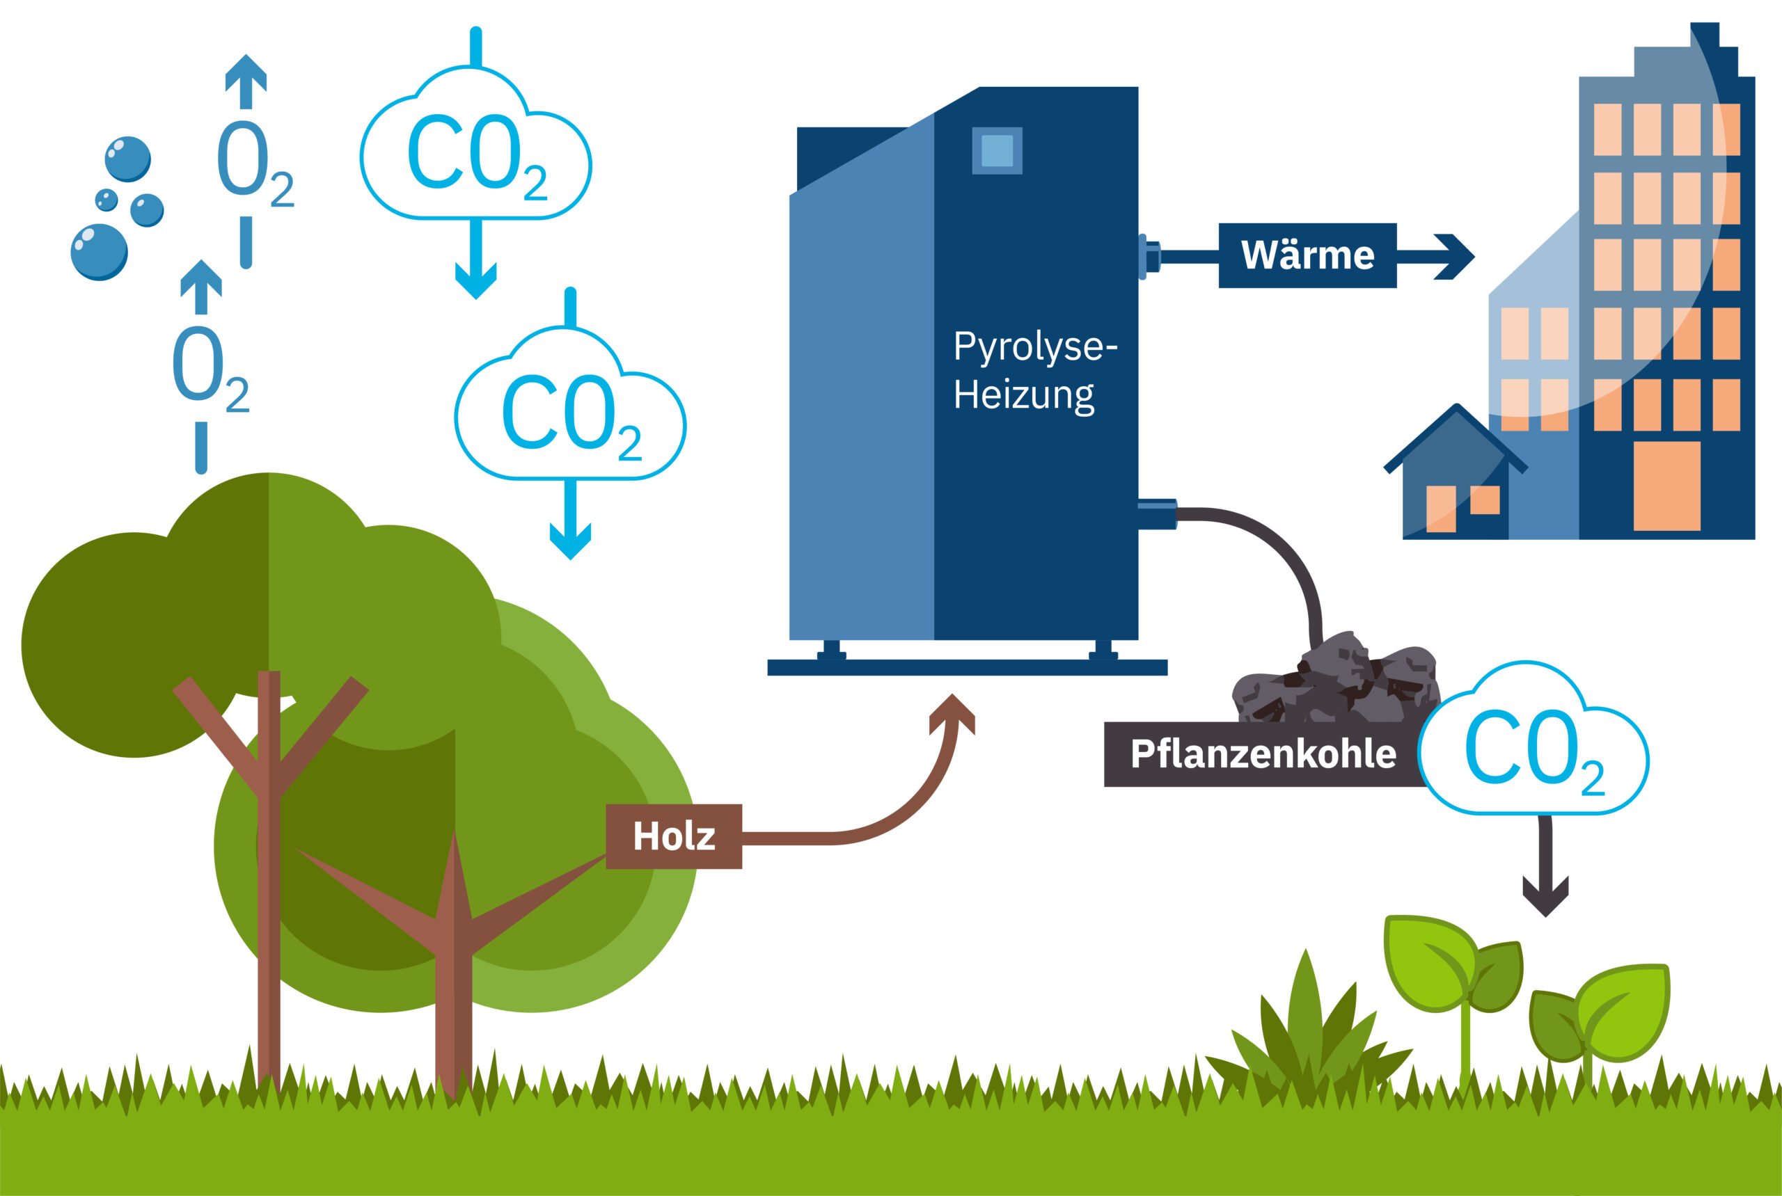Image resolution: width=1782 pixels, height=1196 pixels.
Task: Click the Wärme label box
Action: tap(1307, 255)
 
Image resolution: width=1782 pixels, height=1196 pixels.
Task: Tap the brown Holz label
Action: tap(673, 836)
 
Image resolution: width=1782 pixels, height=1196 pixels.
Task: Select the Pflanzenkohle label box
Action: tap(1262, 754)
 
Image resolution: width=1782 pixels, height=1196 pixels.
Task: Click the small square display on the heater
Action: tap(996, 150)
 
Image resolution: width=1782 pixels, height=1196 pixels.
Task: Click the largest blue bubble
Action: tap(98, 252)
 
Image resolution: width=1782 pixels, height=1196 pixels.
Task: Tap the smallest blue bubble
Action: tap(106, 200)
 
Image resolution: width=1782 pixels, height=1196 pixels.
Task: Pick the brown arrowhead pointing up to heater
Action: tap(952, 712)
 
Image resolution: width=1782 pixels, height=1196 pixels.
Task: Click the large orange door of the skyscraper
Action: tap(1666, 486)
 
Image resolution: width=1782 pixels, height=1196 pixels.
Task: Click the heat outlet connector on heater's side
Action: tap(1150, 256)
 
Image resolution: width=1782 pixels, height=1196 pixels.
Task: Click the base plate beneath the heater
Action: tap(967, 667)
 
